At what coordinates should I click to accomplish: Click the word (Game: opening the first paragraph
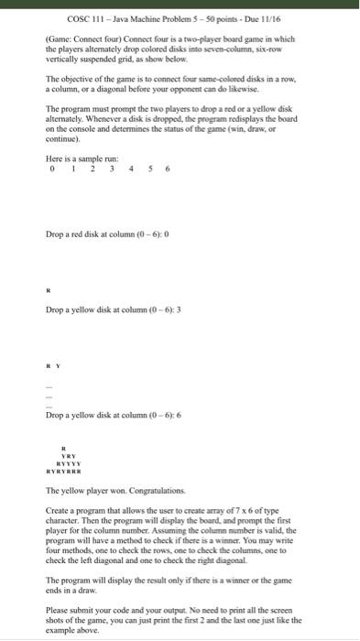tap(60, 39)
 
